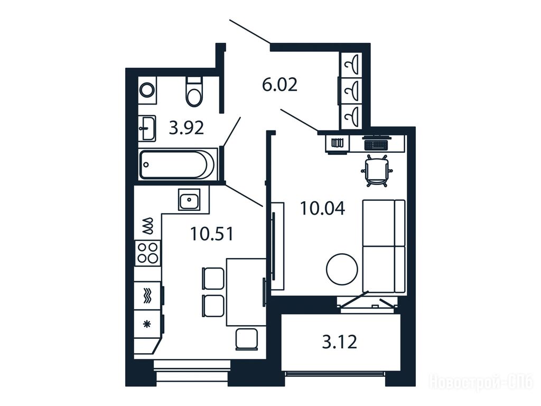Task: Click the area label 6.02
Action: coord(279,85)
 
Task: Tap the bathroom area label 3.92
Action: coord(186,128)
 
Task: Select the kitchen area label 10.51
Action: coord(212,234)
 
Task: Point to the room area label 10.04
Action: coord(323,208)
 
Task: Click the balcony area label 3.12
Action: coord(340,342)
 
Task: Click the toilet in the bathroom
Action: coord(194,91)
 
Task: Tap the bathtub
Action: coord(178,165)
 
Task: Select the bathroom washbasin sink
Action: coord(147,128)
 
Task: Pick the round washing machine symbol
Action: coord(148,90)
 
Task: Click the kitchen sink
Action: coord(189,199)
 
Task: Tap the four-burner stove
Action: coord(148,253)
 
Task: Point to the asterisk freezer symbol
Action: coord(147,324)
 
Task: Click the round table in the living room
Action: coord(342,269)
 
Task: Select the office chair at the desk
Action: coord(377,171)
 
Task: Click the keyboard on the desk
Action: coord(377,144)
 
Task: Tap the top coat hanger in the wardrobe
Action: coord(354,64)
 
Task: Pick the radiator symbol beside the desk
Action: coord(337,143)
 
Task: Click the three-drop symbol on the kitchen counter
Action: coord(148,226)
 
